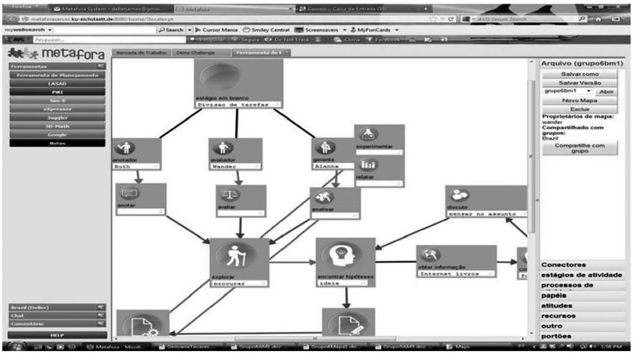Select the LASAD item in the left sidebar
point(57,84)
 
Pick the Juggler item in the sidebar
point(57,117)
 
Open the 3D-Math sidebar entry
point(57,126)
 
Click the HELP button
point(57,335)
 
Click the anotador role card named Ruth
point(137,154)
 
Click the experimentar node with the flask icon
point(379,139)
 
